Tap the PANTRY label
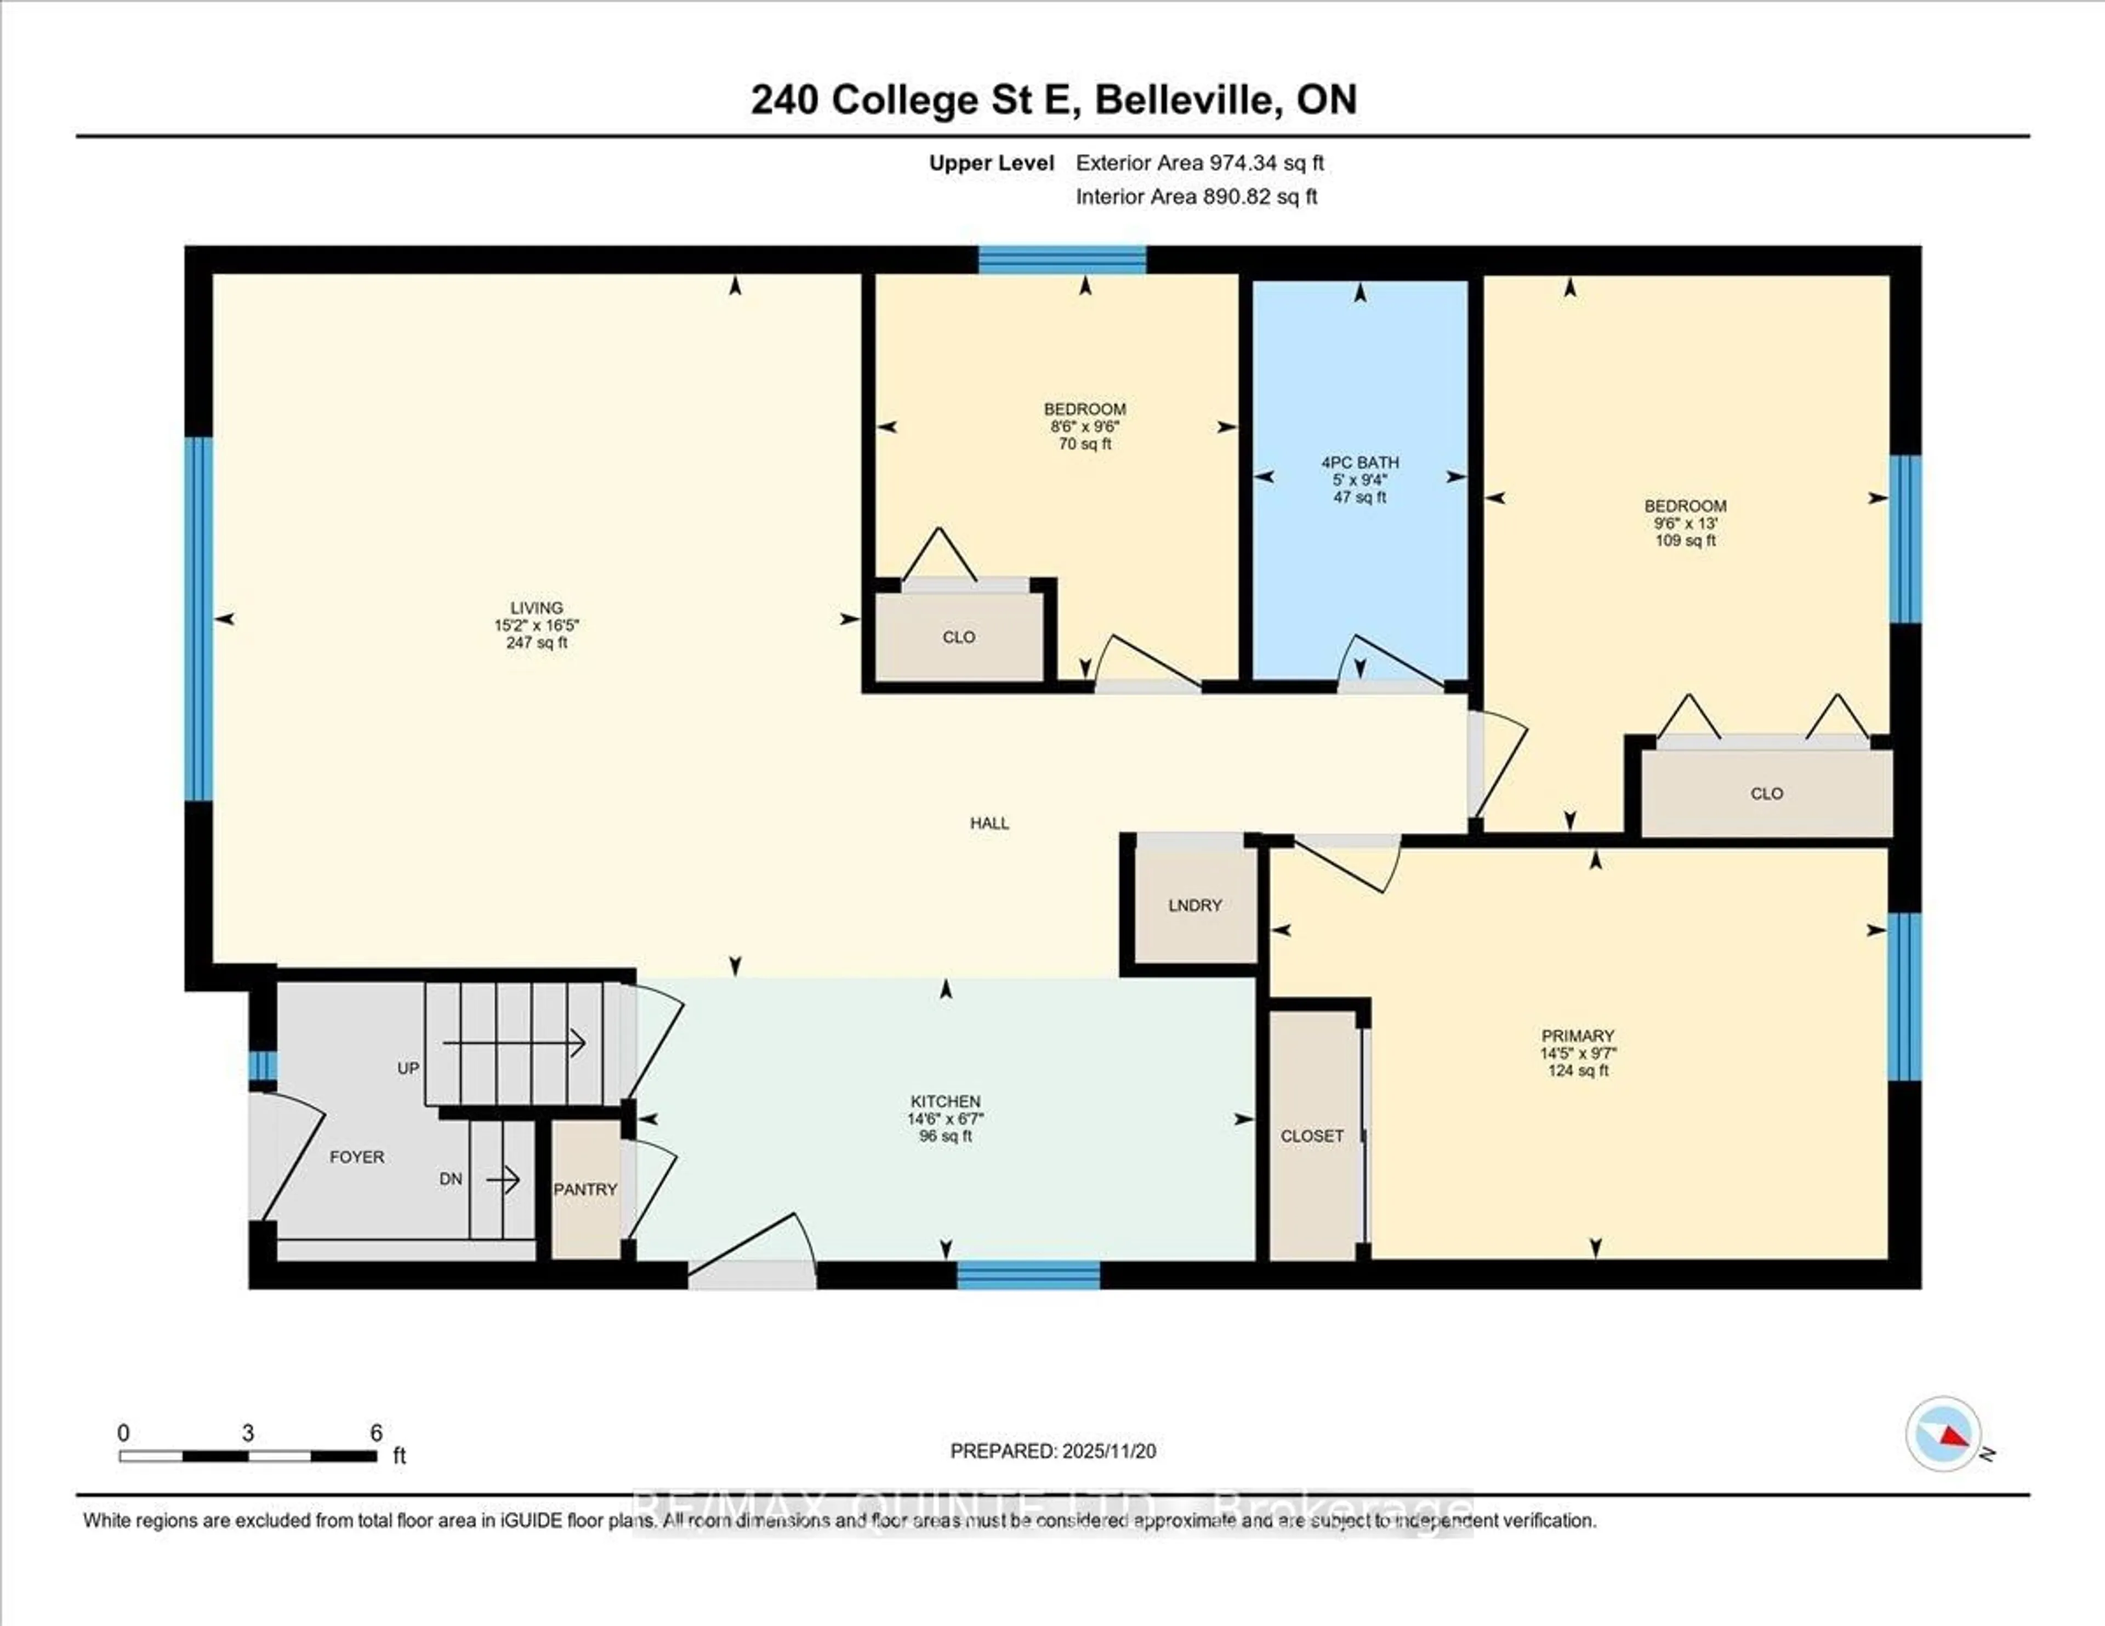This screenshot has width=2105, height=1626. pyautogui.click(x=585, y=1190)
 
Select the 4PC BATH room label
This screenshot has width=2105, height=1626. pyautogui.click(x=1360, y=463)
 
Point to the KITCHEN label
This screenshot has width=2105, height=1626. pyautogui.click(x=946, y=1101)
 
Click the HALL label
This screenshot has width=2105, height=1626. pyautogui.click(x=990, y=823)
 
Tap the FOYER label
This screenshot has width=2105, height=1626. pyautogui.click(x=357, y=1157)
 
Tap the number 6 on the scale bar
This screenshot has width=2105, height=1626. pyautogui.click(x=377, y=1433)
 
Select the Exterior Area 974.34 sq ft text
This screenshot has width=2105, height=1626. pyautogui.click(x=1200, y=163)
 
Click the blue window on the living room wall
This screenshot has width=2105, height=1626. pyautogui.click(x=198, y=619)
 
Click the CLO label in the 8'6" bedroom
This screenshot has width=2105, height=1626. pyautogui.click(x=958, y=637)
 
